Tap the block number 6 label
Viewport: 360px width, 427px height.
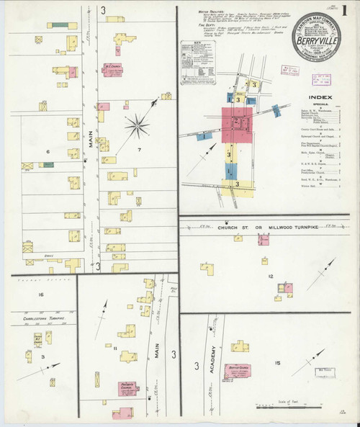48,151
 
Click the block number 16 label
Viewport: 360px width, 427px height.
41,295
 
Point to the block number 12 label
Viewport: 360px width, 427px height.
271,277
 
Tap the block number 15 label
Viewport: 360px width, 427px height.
277,364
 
